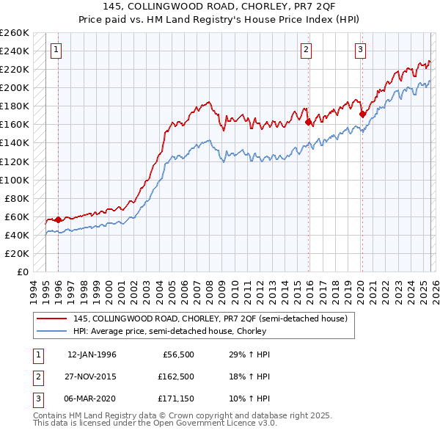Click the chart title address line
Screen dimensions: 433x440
click(220, 7)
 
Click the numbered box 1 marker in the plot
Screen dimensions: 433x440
click(56, 50)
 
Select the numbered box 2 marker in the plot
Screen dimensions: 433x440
click(306, 50)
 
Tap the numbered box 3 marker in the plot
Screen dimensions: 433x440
click(361, 50)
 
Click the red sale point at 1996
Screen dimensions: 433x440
click(58, 219)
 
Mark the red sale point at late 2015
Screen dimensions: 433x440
click(308, 122)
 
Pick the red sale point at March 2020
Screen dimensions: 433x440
click(362, 114)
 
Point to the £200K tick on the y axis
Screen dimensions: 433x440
click(15, 87)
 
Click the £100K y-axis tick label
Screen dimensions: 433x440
click(15, 180)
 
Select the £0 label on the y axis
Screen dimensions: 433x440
click(22, 272)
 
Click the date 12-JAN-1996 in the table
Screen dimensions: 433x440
click(92, 354)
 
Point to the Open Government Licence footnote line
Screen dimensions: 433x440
click(155, 424)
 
